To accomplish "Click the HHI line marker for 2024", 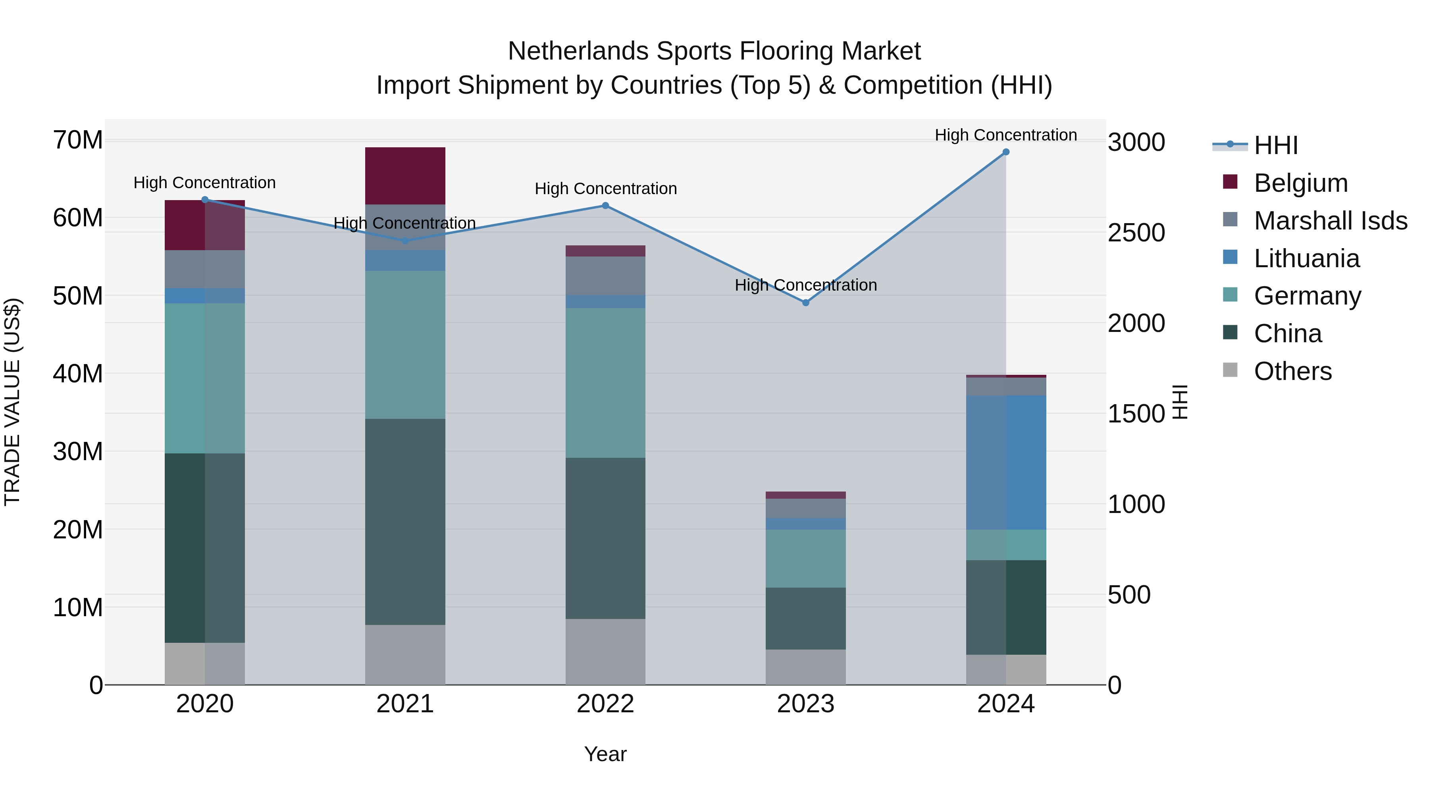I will (1006, 152).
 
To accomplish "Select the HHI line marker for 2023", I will (805, 303).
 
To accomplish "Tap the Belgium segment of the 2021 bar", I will (405, 176).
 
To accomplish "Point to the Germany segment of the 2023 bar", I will (805, 558).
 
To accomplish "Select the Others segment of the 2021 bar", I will (405, 655).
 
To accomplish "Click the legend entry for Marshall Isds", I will (1330, 221).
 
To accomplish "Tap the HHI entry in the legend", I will (1275, 145).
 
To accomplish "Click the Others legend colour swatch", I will (1230, 370).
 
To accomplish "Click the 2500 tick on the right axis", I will (1136, 233).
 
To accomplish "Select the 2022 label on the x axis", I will (605, 704).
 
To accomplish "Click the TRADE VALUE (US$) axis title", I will (12, 402).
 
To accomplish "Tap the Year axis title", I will (605, 754).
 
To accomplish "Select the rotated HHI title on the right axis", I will (1181, 402).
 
